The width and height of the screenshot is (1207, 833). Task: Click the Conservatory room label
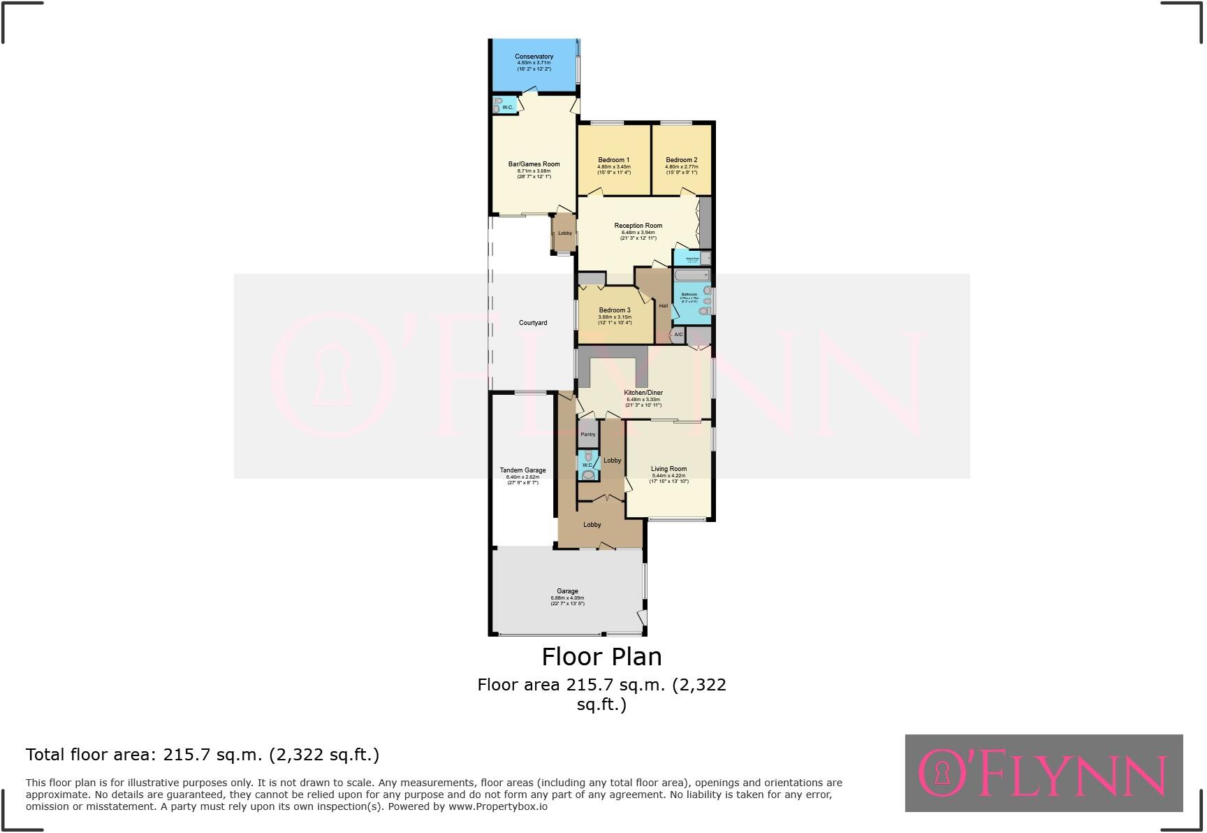pyautogui.click(x=534, y=57)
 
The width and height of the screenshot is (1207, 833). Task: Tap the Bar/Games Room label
pyautogui.click(x=534, y=164)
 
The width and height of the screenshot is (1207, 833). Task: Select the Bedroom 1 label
pyautogui.click(x=613, y=160)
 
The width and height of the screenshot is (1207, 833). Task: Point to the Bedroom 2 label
pyautogui.click(x=681, y=160)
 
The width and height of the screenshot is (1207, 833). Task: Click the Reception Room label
pyautogui.click(x=638, y=226)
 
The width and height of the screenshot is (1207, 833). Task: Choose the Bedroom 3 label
pyautogui.click(x=614, y=310)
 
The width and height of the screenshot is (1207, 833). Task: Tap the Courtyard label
pyautogui.click(x=533, y=323)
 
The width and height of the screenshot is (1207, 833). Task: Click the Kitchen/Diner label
pyautogui.click(x=643, y=393)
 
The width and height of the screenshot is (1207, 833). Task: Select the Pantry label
pyautogui.click(x=588, y=435)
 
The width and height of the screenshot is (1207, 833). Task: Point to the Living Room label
pyautogui.click(x=668, y=469)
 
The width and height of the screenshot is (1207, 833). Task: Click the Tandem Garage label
pyautogui.click(x=522, y=470)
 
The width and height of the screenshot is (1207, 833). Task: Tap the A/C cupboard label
pyautogui.click(x=678, y=335)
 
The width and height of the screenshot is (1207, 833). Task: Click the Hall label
pyautogui.click(x=663, y=305)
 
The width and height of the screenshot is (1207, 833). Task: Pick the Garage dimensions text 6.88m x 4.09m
pyautogui.click(x=567, y=598)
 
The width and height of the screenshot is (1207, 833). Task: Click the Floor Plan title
pyautogui.click(x=601, y=656)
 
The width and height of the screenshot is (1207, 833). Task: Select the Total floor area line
pyautogui.click(x=203, y=755)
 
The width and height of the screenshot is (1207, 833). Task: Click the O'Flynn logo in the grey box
pyautogui.click(x=1044, y=773)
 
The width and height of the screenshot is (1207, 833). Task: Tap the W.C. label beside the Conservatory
pyautogui.click(x=507, y=107)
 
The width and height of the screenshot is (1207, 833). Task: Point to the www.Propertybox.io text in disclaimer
pyautogui.click(x=498, y=806)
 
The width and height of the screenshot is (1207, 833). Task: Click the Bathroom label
pyautogui.click(x=689, y=294)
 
